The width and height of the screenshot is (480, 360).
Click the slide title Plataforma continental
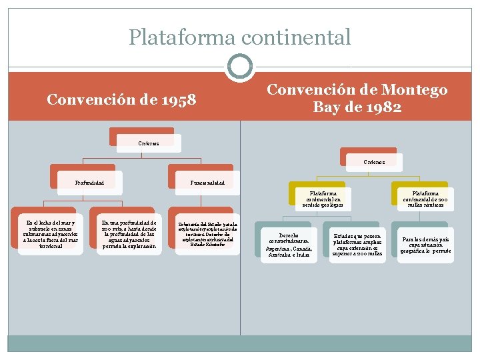[x=239, y=37]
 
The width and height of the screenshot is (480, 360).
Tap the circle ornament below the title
[x=240, y=67]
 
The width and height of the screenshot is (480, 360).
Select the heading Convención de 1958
[x=121, y=100]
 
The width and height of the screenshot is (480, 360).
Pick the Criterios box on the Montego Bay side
[x=374, y=161]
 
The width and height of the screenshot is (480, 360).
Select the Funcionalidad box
[x=207, y=181]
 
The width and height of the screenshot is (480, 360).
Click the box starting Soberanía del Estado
[x=207, y=234]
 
